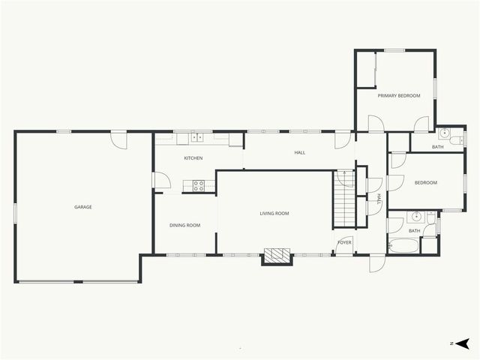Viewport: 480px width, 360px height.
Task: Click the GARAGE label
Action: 82,207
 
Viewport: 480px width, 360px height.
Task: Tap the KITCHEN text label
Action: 193,158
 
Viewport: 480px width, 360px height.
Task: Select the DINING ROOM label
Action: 184,225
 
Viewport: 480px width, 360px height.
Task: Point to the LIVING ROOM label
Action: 274,214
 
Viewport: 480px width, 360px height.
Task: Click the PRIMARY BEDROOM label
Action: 398,95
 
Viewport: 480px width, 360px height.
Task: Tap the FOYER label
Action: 344,242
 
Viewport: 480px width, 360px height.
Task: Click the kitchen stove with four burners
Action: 199,185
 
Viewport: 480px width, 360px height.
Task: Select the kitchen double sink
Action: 196,137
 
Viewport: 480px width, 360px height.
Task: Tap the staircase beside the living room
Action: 344,203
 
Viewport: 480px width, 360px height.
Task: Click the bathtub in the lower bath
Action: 403,245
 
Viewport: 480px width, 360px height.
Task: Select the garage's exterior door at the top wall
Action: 118,139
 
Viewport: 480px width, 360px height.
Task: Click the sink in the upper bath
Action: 445,133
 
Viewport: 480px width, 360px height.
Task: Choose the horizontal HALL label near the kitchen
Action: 300,153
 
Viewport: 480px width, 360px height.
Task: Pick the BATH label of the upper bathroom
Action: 437,147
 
